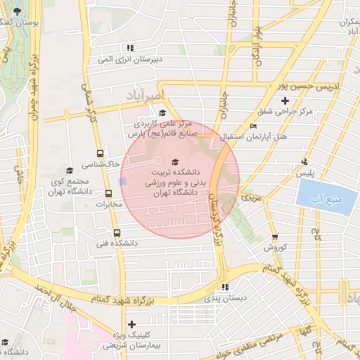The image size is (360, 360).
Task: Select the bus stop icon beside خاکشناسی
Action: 100,153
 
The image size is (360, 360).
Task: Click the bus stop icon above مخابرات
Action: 108,194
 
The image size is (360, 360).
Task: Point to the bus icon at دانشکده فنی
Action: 117,233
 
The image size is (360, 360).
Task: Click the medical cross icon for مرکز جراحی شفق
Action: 284,102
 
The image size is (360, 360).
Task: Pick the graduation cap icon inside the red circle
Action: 175,162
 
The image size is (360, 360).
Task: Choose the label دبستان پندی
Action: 225,298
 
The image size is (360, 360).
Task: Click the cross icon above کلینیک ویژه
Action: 131,324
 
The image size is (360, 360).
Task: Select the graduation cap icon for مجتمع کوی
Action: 69,170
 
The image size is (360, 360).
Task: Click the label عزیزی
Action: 250,199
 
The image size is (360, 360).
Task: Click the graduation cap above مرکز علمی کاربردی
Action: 162,112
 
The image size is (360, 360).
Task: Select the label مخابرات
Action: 109,205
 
